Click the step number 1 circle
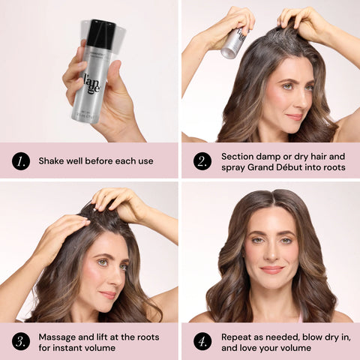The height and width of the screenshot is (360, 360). click(x=21, y=160)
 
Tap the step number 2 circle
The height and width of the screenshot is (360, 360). click(x=202, y=160)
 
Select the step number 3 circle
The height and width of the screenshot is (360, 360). click(x=21, y=341)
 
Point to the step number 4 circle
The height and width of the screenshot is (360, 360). click(x=202, y=341)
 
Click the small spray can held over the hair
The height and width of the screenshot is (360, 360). click(x=234, y=43)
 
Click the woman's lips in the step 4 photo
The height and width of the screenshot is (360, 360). click(x=271, y=269)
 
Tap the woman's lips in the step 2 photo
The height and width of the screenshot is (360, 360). click(x=295, y=116)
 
